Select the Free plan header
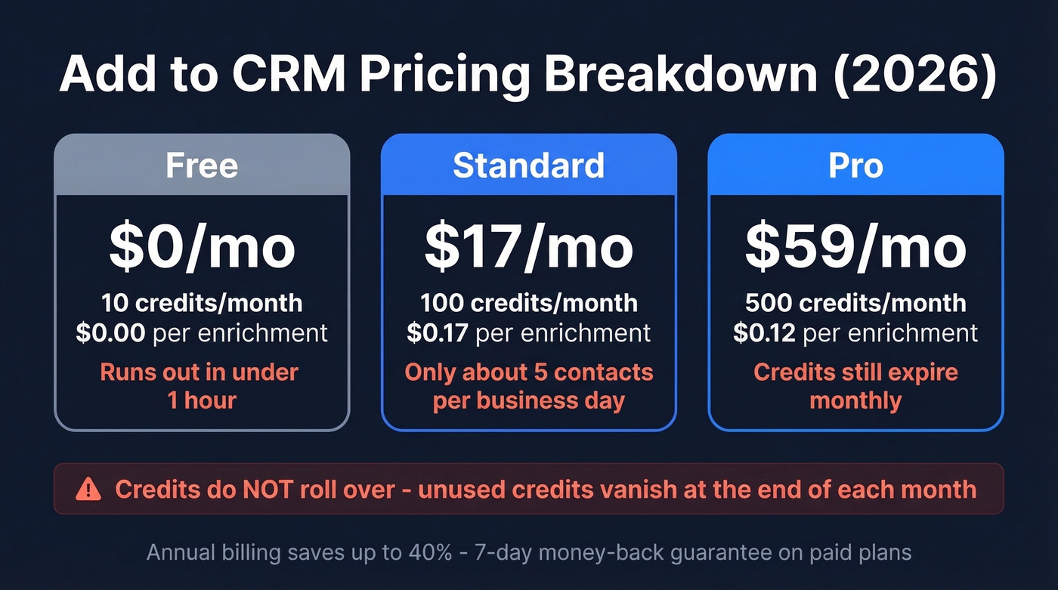[202, 165]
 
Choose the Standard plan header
[528, 165]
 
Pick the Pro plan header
[855, 165]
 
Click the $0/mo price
[202, 247]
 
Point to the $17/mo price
[528, 247]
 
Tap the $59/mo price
[855, 247]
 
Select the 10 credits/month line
[202, 303]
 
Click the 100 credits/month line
[528, 303]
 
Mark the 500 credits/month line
[855, 303]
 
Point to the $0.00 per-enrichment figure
[110, 332]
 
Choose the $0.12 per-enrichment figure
[764, 332]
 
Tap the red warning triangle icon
[88, 490]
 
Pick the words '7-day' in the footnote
[496, 552]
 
